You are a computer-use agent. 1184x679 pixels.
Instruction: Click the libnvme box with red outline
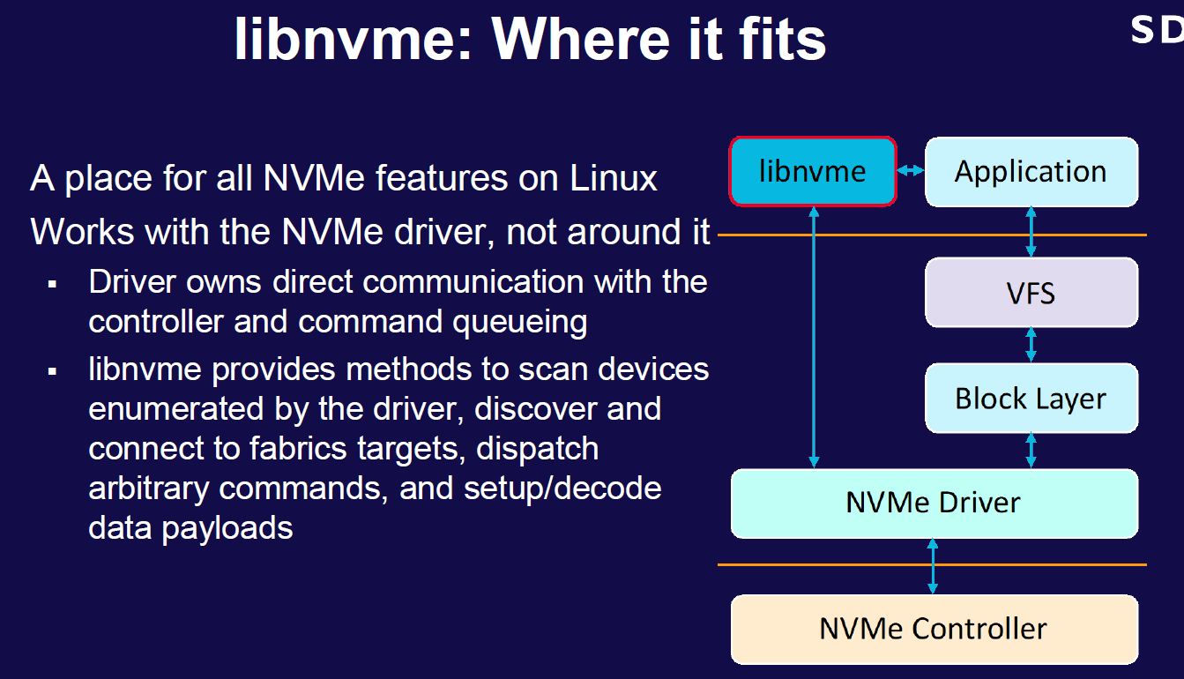coord(812,172)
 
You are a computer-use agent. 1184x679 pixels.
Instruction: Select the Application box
coord(1031,172)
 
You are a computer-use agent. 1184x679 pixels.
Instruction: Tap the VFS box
coord(1031,292)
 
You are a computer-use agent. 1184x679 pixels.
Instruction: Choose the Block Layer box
coord(1031,398)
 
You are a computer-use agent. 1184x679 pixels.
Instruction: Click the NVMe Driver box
coord(934,503)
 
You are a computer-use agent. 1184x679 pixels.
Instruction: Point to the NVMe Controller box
coord(934,629)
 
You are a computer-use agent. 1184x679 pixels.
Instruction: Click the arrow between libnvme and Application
coord(911,172)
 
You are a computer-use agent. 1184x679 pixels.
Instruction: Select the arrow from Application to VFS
coord(1031,232)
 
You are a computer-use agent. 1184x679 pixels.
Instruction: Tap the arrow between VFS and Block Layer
coord(1031,345)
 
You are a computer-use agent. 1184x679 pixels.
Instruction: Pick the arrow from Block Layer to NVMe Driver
coord(1031,450)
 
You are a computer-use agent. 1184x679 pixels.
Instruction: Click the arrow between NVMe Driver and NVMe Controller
coord(933,566)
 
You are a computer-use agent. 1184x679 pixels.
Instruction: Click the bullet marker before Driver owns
coord(53,285)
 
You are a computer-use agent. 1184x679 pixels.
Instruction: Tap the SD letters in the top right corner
coord(1157,30)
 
